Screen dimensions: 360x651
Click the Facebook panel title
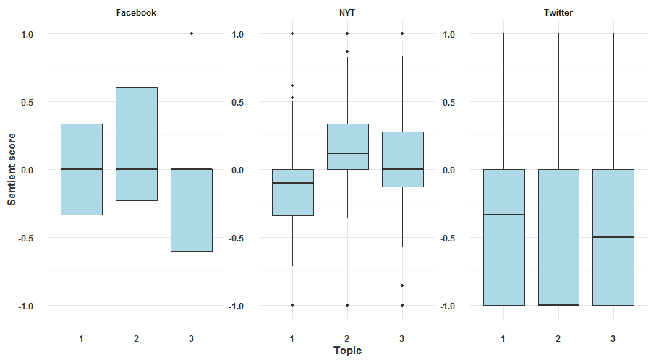click(136, 13)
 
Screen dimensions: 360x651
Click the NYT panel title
click(346, 13)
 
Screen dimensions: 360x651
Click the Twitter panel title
click(558, 13)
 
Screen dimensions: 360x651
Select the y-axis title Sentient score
click(12, 170)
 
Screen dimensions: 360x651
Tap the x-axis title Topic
click(347, 351)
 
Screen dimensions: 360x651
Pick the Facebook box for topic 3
click(192, 210)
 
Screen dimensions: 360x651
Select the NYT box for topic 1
click(292, 192)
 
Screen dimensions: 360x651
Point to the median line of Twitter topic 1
click(503, 215)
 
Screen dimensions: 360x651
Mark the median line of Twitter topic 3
click(613, 237)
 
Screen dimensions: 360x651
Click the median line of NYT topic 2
click(347, 153)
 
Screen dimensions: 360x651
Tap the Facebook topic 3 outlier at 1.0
click(192, 33)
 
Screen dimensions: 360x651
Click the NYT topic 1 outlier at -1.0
click(292, 305)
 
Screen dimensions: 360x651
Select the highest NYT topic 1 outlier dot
click(292, 33)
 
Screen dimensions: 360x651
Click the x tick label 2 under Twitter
click(558, 338)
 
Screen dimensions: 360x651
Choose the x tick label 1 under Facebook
click(82, 338)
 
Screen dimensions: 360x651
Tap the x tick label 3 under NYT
click(402, 338)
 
